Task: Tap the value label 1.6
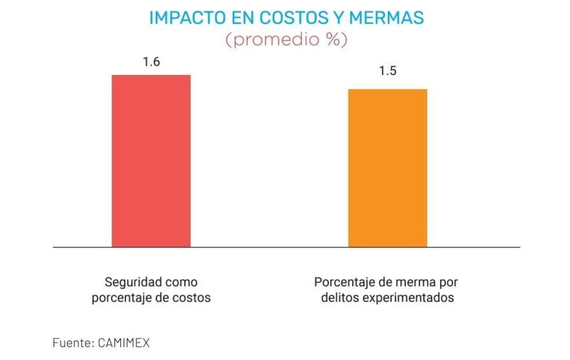tap(151, 62)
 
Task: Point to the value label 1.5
tap(388, 72)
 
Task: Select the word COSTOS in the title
tap(285, 18)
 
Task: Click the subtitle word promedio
tap(278, 41)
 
